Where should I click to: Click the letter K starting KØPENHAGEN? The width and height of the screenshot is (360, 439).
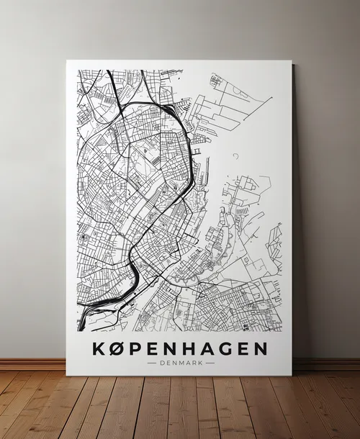click(99, 349)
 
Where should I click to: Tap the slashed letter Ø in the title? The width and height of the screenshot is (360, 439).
click(119, 349)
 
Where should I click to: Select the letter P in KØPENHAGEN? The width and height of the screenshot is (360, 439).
click(138, 349)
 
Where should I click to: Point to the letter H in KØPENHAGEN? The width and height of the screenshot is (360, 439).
click(192, 349)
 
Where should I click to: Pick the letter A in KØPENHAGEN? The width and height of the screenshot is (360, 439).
click(212, 349)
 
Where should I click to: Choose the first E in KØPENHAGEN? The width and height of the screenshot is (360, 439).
click(155, 349)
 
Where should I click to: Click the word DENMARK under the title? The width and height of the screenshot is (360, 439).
click(180, 363)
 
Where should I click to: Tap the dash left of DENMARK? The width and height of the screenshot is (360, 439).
click(150, 363)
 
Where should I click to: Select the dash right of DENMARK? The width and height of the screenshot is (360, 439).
click(210, 363)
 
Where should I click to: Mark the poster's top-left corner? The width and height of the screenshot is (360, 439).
click(67, 60)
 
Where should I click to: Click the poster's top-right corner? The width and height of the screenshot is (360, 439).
click(292, 61)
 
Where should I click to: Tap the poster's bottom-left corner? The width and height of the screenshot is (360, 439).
click(67, 375)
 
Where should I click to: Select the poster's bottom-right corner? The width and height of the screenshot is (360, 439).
click(292, 375)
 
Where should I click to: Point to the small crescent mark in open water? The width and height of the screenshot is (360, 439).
click(235, 155)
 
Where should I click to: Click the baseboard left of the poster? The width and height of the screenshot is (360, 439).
click(32, 364)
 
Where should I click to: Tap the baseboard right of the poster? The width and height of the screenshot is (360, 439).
click(328, 364)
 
